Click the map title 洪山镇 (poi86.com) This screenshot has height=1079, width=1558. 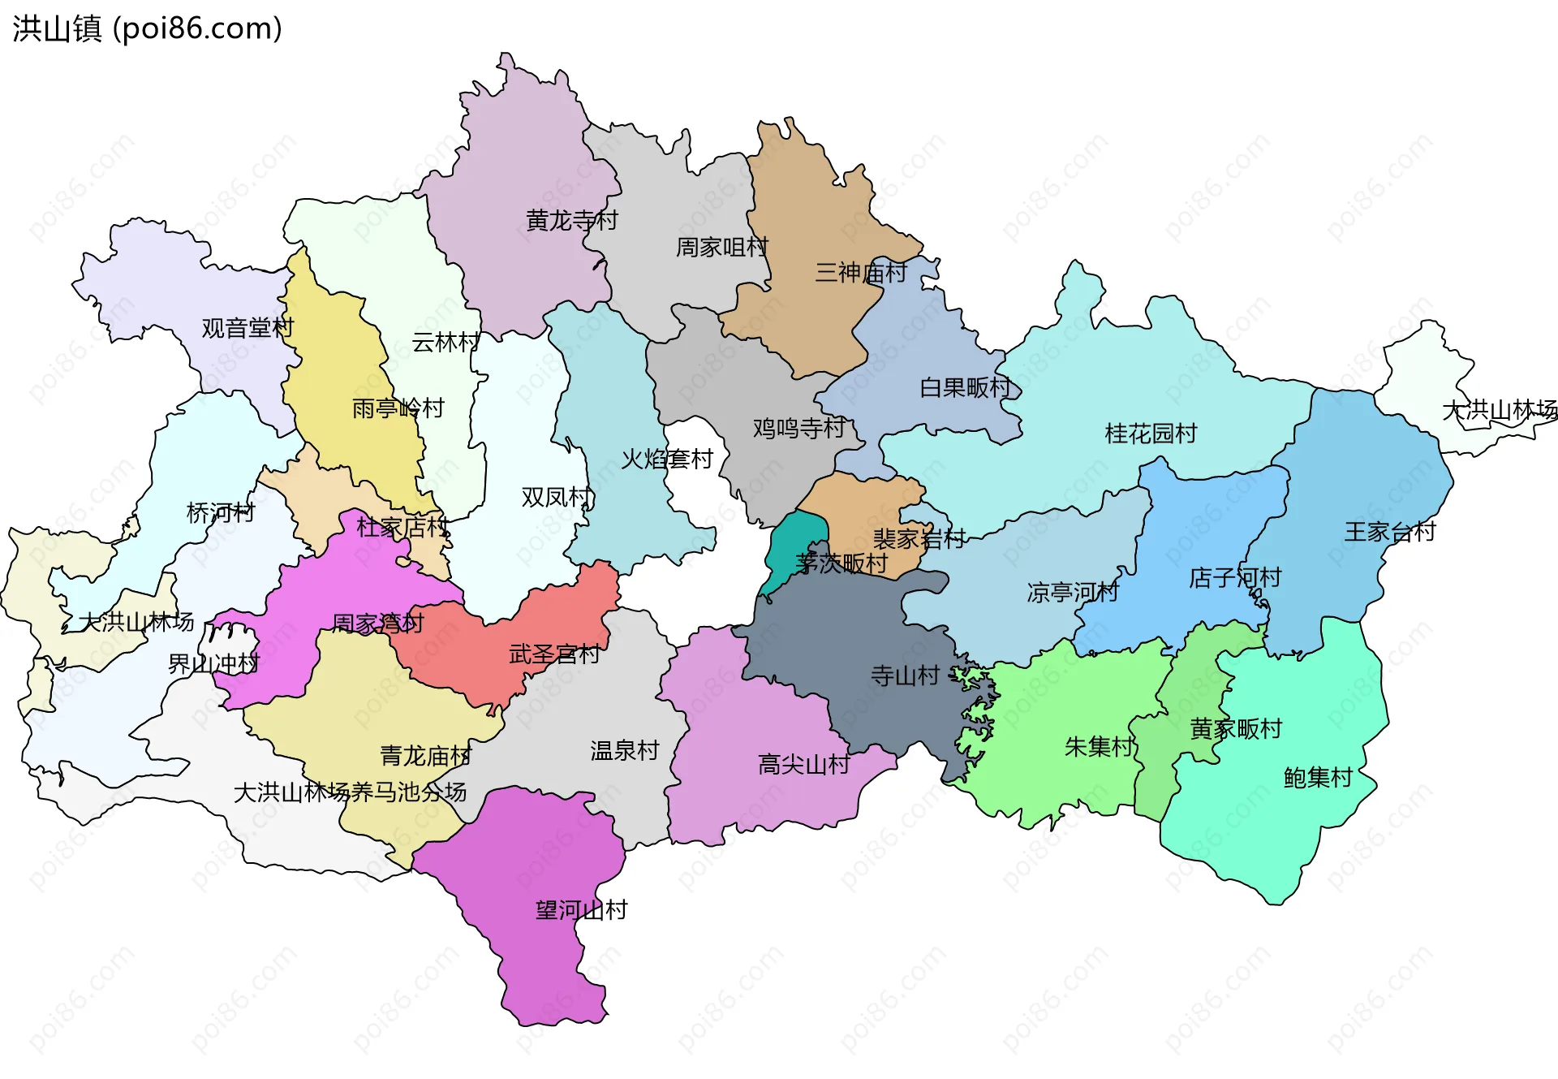pyautogui.click(x=147, y=28)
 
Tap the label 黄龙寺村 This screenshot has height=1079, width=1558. pyautogui.click(x=571, y=220)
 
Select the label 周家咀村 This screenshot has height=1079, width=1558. pyautogui.click(x=721, y=247)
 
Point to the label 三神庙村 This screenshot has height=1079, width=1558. pyautogui.click(x=860, y=272)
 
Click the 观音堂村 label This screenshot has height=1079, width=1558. pyautogui.click(x=247, y=328)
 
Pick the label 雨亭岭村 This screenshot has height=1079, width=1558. pyautogui.click(x=398, y=408)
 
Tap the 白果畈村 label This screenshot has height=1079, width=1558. pyautogui.click(x=965, y=387)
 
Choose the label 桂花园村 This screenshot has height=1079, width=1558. pyautogui.click(x=1151, y=434)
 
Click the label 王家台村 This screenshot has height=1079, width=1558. pyautogui.click(x=1389, y=532)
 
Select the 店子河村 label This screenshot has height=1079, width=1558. pyautogui.click(x=1234, y=578)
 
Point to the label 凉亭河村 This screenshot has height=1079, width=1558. pyautogui.click(x=1072, y=592)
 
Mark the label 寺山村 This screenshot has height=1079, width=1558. pyautogui.click(x=905, y=675)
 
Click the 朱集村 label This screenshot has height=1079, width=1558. pyautogui.click(x=1099, y=746)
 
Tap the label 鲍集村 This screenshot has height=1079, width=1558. pyautogui.click(x=1318, y=778)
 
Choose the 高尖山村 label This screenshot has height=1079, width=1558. pyautogui.click(x=803, y=764)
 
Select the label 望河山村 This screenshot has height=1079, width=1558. pyautogui.click(x=581, y=909)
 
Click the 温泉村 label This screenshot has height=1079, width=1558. pyautogui.click(x=624, y=750)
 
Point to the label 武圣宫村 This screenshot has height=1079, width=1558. pyautogui.click(x=554, y=654)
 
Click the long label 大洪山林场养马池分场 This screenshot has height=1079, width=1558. pyautogui.click(x=350, y=792)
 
